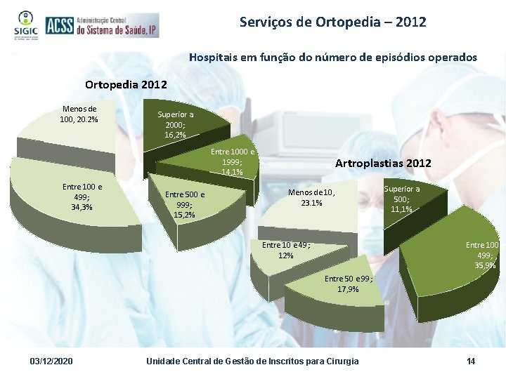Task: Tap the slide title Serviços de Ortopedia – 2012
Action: click(332, 22)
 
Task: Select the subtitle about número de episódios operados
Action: click(332, 57)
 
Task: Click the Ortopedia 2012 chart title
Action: click(126, 85)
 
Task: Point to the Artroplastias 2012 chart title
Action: click(383, 163)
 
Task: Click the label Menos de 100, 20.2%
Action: click(79, 114)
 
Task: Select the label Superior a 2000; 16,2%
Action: click(176, 124)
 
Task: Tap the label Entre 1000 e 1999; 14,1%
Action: click(233, 161)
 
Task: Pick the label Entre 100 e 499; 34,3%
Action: click(82, 197)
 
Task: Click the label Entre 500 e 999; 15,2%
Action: click(185, 204)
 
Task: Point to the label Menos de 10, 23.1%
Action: click(312, 198)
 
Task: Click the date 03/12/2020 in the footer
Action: click(53, 361)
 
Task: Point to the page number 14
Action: click(470, 361)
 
